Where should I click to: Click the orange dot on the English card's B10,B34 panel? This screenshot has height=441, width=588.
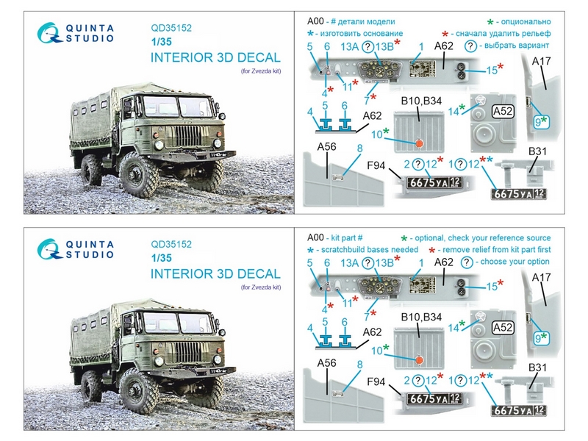[x=419, y=359]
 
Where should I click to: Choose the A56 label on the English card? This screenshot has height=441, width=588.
[x=328, y=362]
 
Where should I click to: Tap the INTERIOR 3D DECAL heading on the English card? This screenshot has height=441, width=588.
[x=215, y=274]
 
